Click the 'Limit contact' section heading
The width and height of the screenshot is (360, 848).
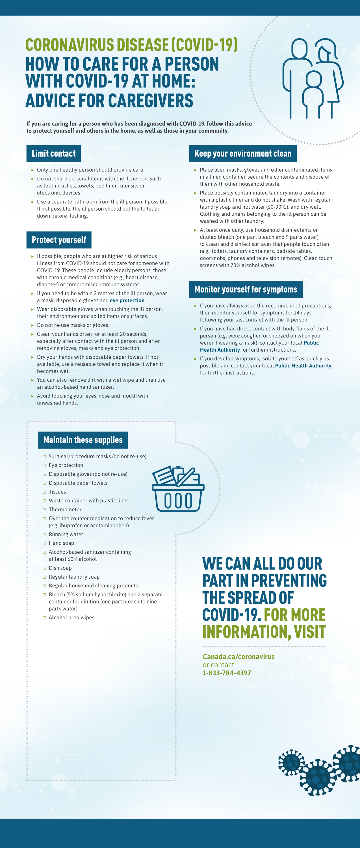tap(54, 153)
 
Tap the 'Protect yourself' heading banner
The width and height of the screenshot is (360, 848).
tap(59, 240)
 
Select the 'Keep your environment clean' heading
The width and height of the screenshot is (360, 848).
tap(243, 153)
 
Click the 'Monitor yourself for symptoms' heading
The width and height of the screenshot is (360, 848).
tap(246, 289)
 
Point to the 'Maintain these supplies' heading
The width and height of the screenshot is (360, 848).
tap(83, 440)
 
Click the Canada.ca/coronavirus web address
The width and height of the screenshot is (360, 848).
tap(238, 656)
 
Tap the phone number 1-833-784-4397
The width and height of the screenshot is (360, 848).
tap(227, 673)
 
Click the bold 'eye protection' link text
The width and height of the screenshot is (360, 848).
tap(127, 300)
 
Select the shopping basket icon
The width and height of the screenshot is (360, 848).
tap(178, 489)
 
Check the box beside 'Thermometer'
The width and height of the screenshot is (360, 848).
tap(44, 510)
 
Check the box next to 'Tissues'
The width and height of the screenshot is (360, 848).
tap(44, 492)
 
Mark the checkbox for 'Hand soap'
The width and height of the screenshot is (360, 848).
tap(44, 543)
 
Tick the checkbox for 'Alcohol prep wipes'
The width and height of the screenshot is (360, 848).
tap(44, 618)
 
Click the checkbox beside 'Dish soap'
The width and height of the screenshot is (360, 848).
tap(44, 568)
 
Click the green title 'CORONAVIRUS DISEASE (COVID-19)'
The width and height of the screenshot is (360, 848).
tap(131, 45)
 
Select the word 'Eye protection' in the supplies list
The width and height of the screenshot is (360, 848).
tap(66, 465)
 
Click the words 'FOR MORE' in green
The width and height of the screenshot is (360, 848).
tap(294, 615)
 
